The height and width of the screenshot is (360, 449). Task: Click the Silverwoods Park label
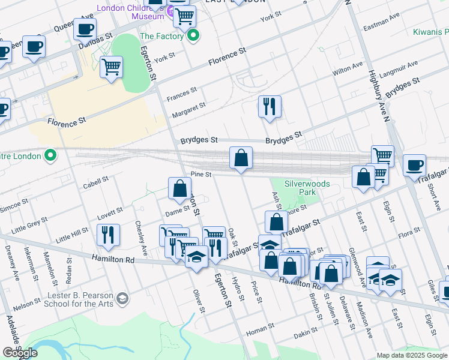point(300,188)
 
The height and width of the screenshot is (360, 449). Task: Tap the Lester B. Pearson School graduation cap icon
point(122,298)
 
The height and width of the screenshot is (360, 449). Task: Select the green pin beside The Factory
point(193,37)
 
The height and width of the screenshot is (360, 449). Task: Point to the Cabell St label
point(95,179)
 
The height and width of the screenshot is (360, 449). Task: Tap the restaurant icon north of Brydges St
point(270,107)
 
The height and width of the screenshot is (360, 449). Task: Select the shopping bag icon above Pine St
point(241,159)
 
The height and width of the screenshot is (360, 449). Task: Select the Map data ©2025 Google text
point(412,355)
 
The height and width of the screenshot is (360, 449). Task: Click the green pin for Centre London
point(52,156)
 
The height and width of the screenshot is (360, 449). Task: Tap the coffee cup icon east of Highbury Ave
point(414,165)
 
